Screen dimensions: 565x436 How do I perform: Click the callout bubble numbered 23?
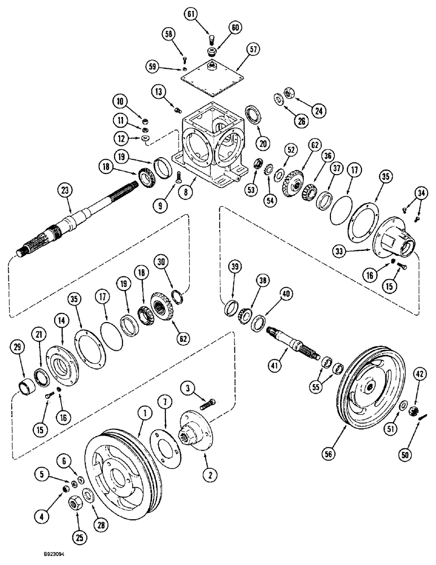65,191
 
